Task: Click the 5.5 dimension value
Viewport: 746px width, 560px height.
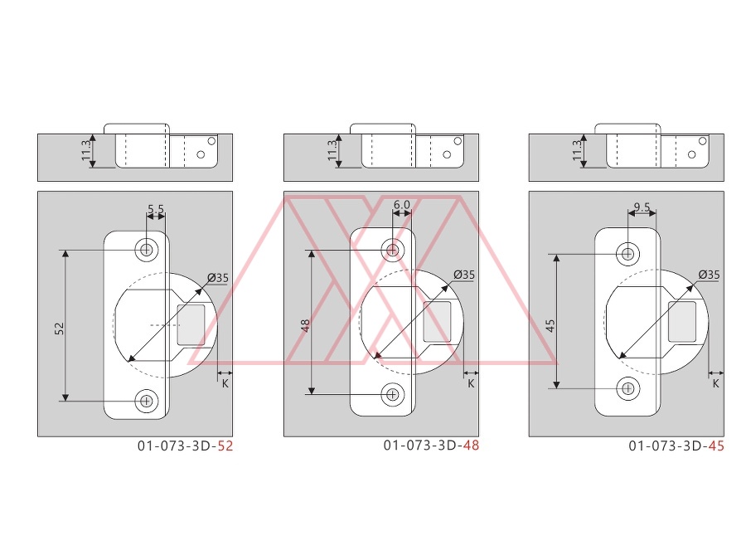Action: (156, 209)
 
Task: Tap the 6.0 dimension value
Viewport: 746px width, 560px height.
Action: (401, 204)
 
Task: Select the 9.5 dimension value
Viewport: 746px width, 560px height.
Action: (642, 207)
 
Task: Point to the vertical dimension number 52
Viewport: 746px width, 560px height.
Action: (59, 328)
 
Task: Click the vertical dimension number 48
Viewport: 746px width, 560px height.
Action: (305, 325)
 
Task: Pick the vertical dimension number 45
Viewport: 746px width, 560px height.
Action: (550, 325)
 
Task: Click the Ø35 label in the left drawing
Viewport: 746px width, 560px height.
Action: (218, 278)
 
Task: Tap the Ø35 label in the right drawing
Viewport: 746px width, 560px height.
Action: (709, 275)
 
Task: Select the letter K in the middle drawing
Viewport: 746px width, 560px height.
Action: (471, 383)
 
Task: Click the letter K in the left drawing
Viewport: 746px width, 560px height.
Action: (225, 383)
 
